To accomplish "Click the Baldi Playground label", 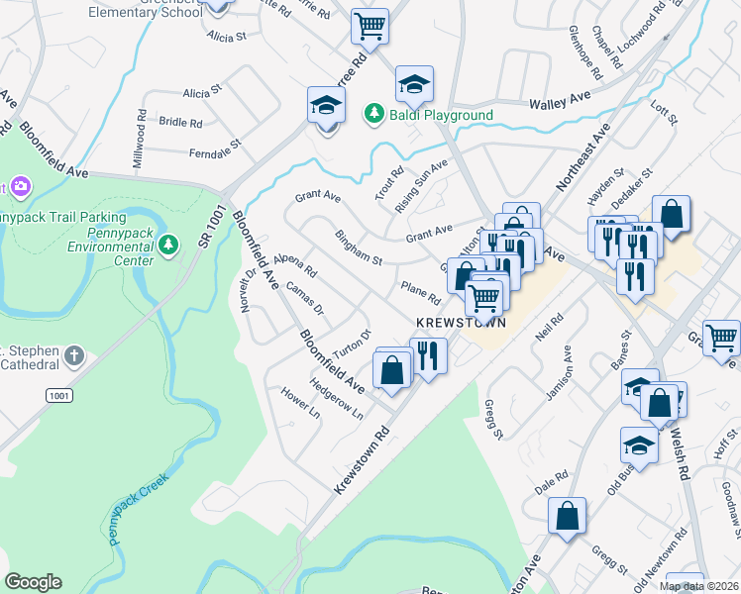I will (x=441, y=115).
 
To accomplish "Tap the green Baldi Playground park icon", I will (x=374, y=115).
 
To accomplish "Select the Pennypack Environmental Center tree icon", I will (x=170, y=244).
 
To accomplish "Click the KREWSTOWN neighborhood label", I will (x=461, y=323).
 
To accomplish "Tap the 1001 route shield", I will (x=57, y=395).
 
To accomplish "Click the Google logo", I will (x=33, y=582).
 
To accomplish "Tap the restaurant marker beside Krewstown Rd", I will (x=429, y=354).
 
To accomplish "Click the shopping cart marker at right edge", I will (x=721, y=338).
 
